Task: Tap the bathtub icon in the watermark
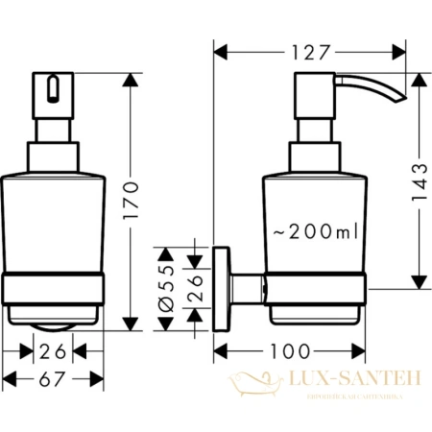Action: [252, 385]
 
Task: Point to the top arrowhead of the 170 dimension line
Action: [127, 75]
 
